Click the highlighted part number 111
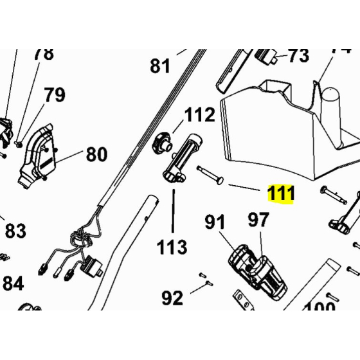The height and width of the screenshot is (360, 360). (x=281, y=194)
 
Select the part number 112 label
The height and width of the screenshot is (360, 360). (x=199, y=116)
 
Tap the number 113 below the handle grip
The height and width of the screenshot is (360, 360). (x=172, y=246)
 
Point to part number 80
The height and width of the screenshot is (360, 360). (x=96, y=154)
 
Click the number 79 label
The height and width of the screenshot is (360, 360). (x=55, y=95)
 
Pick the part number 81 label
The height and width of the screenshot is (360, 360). (x=161, y=66)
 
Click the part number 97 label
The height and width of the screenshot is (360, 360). (x=258, y=221)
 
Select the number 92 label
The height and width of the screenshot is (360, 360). (x=172, y=298)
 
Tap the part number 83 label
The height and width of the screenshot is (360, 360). (x=15, y=230)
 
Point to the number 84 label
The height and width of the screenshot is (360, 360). (x=13, y=283)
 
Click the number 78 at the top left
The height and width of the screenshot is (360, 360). (x=44, y=54)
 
